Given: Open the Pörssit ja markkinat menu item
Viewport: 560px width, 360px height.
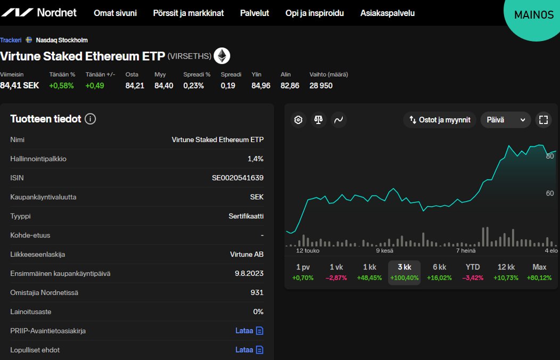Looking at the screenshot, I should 188,13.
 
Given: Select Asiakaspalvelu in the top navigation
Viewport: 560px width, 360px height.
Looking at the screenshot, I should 388,13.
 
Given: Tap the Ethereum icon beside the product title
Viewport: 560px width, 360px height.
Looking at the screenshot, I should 221,56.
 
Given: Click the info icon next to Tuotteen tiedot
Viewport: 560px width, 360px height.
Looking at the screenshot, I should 90,119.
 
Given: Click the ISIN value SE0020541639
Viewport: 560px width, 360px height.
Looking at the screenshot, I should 237,178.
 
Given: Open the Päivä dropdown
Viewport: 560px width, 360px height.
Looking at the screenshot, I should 505,120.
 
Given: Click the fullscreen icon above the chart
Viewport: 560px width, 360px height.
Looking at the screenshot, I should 543,120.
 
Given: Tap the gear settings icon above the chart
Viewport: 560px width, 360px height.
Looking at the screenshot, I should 299,120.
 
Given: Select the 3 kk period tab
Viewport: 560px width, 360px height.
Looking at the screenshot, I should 404,272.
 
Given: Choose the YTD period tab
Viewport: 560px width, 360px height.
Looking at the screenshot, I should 473,272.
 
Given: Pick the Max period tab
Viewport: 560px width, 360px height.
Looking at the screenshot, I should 539,272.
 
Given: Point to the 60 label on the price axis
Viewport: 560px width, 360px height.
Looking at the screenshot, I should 550,193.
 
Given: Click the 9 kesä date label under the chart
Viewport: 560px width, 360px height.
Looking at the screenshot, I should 384,250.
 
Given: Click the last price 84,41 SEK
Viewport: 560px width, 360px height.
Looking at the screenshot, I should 20,85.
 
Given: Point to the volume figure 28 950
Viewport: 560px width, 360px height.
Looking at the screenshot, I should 321,85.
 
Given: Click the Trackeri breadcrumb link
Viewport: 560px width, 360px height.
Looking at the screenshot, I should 11,40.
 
